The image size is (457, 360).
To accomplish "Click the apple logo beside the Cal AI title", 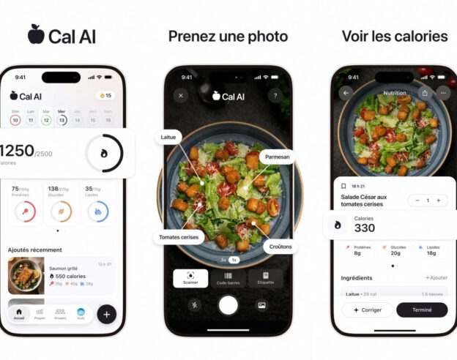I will coord(36,34).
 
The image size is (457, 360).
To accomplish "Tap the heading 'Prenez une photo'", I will coord(228,36).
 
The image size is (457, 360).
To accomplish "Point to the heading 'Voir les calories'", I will coord(394,36).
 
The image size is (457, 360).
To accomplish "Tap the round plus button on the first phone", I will coord(106,314).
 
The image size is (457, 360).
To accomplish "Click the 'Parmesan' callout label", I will coord(277,156).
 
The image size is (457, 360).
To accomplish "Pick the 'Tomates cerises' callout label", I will coord(179,237).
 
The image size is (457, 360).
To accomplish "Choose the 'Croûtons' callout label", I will coord(280,247).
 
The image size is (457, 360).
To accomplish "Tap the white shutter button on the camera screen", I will coord(228,304).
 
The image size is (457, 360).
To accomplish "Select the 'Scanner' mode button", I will coord(190,278).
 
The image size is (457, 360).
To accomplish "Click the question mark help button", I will coord(275,95).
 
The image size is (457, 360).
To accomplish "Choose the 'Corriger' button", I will coord(367,310).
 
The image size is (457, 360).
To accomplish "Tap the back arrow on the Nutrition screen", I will coord(346,93).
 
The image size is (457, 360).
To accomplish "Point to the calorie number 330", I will coord(365,228).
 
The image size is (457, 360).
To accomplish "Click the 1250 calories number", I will coord(17,151).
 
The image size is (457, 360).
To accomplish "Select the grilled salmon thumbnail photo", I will coord(26,276).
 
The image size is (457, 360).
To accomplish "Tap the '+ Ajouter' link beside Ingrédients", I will coord(436,278).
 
